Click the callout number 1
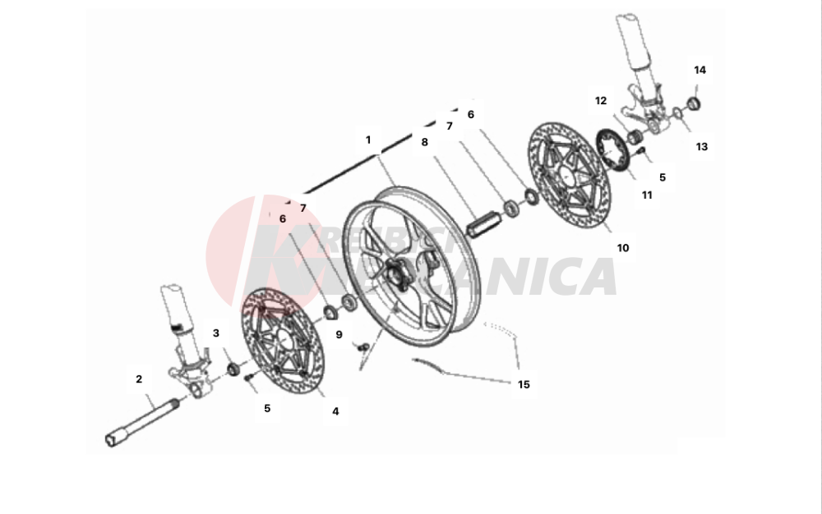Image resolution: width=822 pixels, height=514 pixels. (369, 140)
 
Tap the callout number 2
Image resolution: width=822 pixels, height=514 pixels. (139, 379)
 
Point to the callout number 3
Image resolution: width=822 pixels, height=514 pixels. (216, 333)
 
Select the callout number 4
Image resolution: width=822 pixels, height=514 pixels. (335, 411)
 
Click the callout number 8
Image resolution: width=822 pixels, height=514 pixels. (424, 142)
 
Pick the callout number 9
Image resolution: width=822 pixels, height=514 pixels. (338, 335)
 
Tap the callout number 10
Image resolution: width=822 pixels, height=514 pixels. (623, 247)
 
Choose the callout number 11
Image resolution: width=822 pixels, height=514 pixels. (647, 195)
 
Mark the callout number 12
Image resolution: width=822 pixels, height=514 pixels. (601, 100)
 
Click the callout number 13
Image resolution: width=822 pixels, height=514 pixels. (701, 148)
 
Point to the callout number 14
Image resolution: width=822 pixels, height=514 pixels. (700, 70)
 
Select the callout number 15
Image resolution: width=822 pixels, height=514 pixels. (524, 383)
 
